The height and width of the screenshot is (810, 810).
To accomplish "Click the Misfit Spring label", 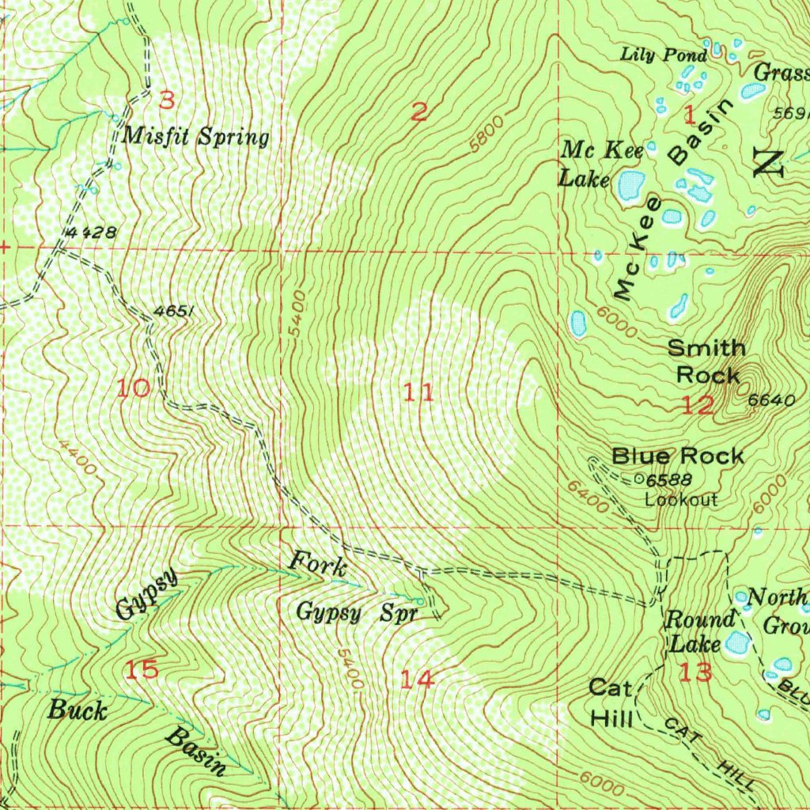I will coord(196,137).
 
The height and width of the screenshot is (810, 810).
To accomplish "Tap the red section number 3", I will coord(166,100).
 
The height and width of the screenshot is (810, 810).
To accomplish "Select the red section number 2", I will coord(419,112).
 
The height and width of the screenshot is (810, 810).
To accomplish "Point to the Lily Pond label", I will coord(663,55).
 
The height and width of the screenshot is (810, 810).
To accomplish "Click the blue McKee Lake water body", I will coord(630,186).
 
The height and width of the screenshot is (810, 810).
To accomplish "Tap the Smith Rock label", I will coord(706,361).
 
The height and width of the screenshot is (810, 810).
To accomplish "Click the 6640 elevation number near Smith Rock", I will coord(770,400).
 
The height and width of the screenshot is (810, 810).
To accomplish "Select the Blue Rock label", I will coord(678,456).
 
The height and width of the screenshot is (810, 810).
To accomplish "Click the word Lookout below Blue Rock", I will coord(680,500).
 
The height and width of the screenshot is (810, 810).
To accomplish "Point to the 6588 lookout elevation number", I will coord(668,480).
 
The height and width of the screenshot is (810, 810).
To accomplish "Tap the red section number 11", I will coord(418,392).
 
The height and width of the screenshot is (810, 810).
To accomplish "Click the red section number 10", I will coord(134,388).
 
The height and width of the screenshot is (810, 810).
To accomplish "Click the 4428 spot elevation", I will coord(93,233).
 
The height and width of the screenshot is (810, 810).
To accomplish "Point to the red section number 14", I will coord(416,679).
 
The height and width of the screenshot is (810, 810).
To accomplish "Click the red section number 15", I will coord(142,670).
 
